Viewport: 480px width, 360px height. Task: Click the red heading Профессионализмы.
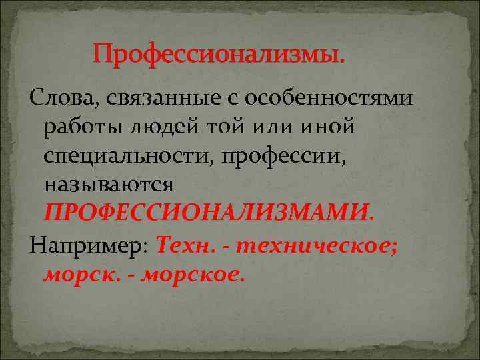219,53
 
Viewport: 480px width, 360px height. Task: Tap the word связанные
153,99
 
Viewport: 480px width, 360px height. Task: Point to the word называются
109,183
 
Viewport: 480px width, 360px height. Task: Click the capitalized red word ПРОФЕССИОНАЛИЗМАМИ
209,211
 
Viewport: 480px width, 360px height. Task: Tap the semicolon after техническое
396,245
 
